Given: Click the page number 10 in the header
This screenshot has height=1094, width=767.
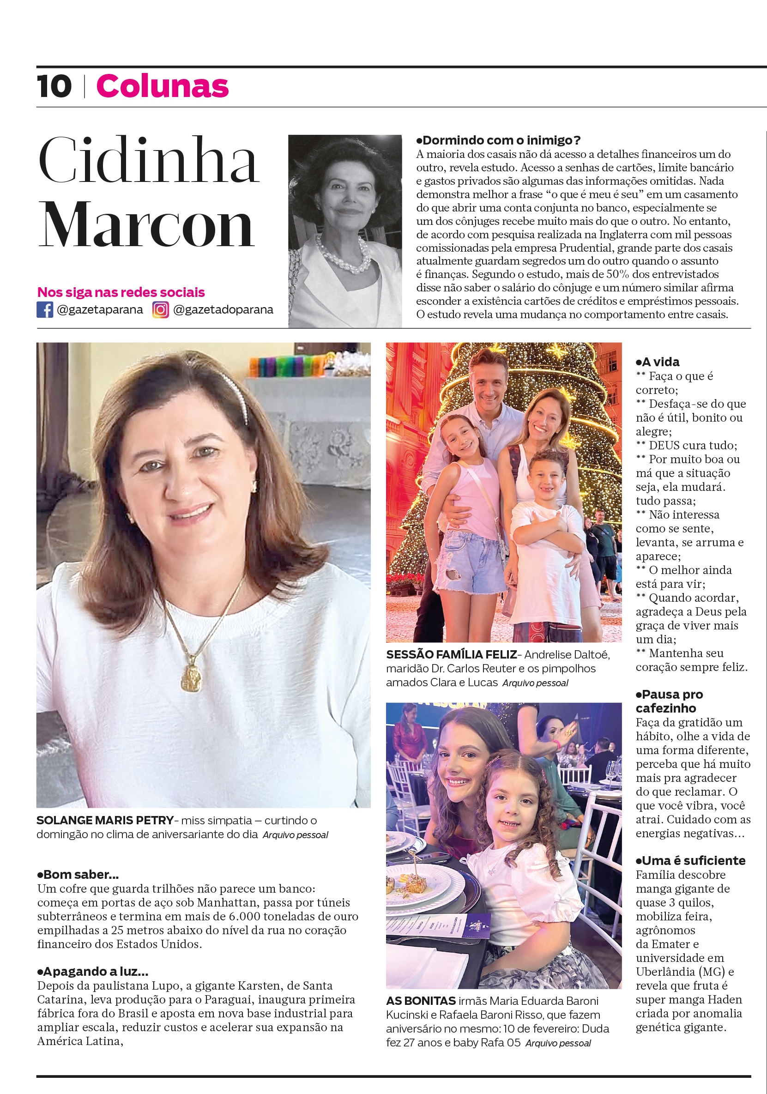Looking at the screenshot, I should click(x=54, y=87).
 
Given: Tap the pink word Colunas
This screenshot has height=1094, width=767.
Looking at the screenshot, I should click(x=163, y=87).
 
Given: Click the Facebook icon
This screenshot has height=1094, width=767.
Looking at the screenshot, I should click(x=45, y=310).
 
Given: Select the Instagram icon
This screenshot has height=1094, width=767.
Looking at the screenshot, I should click(x=161, y=310).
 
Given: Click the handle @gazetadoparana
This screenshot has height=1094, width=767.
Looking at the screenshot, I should click(x=223, y=310).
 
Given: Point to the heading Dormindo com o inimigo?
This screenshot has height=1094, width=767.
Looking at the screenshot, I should click(x=498, y=140).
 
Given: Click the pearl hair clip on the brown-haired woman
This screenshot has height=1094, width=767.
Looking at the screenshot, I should click(x=238, y=395).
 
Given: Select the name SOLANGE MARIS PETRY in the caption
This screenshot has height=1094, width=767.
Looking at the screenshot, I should click(x=105, y=821).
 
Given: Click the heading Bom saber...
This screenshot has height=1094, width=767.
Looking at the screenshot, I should click(x=78, y=875).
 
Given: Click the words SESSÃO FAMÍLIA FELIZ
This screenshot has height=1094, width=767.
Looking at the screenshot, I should click(x=451, y=655).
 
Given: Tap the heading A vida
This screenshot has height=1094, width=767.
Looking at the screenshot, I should click(x=658, y=362).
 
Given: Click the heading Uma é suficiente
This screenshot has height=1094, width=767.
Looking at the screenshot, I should click(x=690, y=861).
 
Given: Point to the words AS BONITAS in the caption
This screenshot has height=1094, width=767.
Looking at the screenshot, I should click(x=421, y=1001).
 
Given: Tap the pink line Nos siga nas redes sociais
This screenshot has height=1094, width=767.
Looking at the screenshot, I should click(x=121, y=292).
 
